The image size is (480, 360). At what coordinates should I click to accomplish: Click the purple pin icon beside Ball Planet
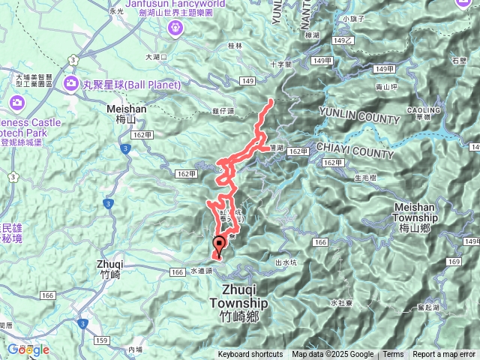[x=72, y=82]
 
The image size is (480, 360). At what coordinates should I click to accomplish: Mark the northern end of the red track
[x=271, y=100]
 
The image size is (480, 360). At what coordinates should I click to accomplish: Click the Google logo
[x=28, y=349]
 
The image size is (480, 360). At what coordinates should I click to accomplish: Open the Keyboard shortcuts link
[x=250, y=355]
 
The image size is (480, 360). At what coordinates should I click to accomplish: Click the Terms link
[x=393, y=355]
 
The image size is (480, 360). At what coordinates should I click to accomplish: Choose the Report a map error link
[x=444, y=355]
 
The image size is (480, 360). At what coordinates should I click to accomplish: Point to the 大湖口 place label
[x=157, y=56]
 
